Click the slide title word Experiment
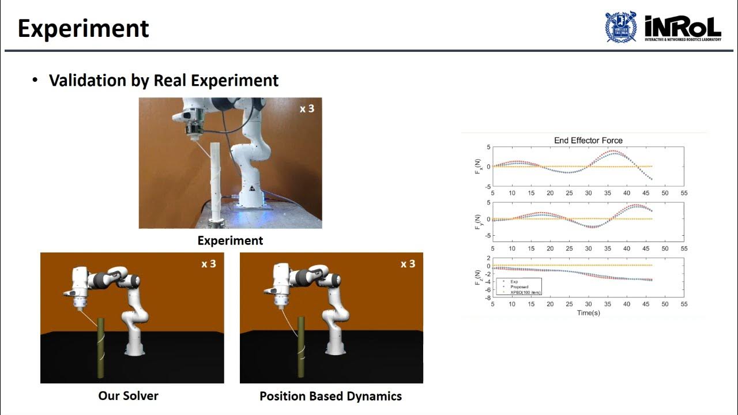84,29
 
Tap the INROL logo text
683,26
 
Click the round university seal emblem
620,27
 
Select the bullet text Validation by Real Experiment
164,80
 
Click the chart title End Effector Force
588,140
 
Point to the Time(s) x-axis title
588,312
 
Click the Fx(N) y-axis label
477,167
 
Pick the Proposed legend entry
519,286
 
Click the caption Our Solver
129,395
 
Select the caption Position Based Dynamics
330,396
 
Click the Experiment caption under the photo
230,240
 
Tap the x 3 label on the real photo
307,108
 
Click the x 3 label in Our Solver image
208,264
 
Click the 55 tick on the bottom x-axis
684,304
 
